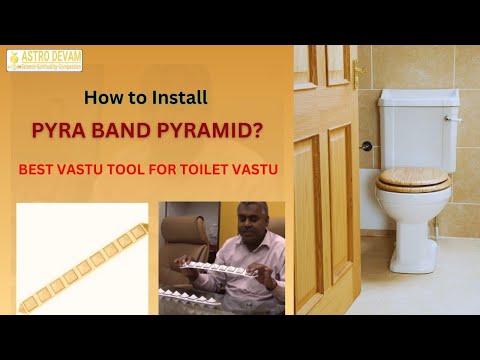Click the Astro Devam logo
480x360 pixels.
45,60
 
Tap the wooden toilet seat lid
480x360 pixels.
413,178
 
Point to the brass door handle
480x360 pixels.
357,72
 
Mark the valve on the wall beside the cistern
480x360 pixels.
367,147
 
